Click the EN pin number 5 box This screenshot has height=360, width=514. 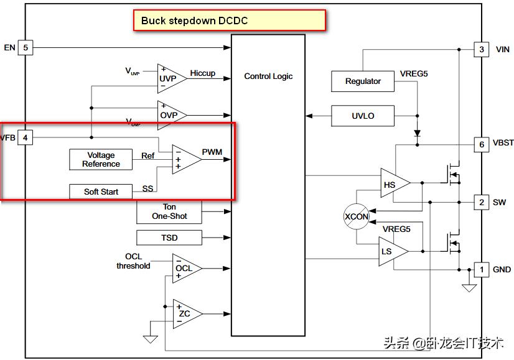[26, 47]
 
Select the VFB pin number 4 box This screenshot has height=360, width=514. [26, 137]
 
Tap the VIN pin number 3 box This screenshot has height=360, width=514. [481, 49]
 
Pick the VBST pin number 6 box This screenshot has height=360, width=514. [481, 143]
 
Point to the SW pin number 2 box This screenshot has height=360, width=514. [481, 202]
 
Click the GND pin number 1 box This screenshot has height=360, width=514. [481, 269]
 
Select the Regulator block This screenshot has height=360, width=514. [363, 81]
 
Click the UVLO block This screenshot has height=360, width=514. [363, 116]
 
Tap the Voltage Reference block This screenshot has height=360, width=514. [101, 160]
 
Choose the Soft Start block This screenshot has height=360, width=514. [101, 192]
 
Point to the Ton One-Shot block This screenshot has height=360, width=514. [169, 212]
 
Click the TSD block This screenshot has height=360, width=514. [169, 238]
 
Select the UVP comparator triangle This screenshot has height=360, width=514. [169, 79]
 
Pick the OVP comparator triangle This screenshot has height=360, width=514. [169, 115]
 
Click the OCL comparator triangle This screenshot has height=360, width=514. [185, 269]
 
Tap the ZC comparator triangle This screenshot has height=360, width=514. [185, 314]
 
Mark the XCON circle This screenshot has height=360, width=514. [357, 216]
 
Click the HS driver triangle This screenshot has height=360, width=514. [392, 185]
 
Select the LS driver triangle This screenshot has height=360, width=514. [390, 251]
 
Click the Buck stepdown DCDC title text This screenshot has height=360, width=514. [194, 21]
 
